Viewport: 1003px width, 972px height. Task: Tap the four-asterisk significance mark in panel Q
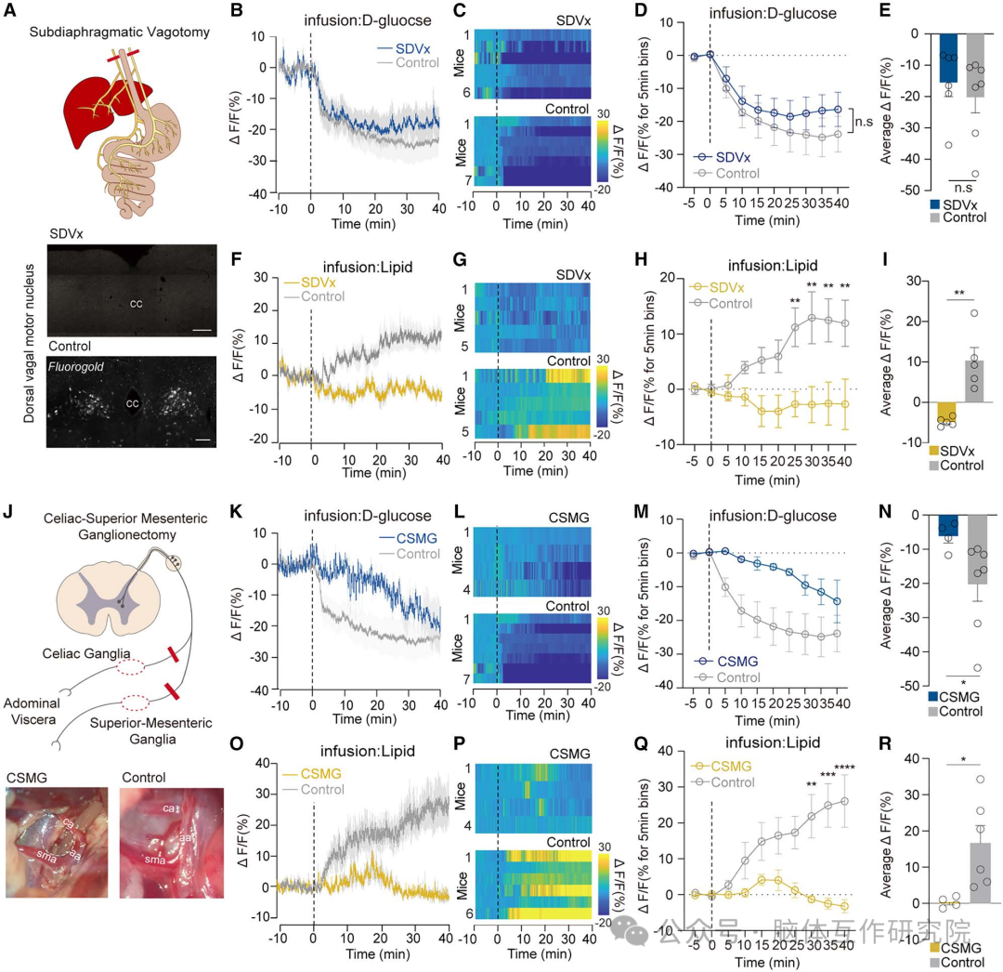pyautogui.click(x=844, y=767)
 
